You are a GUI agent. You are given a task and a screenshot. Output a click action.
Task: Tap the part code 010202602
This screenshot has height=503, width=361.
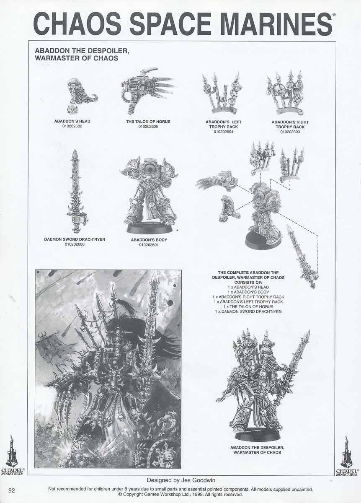point(72,126)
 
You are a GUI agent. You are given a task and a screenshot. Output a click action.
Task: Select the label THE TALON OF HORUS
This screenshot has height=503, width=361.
point(148,122)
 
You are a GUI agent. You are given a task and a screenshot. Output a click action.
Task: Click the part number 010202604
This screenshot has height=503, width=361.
point(224,132)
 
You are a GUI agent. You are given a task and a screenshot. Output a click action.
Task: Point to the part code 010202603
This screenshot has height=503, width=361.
point(290,132)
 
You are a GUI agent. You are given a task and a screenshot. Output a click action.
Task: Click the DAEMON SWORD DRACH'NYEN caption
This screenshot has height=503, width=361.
point(75,239)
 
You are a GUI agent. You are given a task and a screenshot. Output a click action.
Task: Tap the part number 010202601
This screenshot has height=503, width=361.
point(149,245)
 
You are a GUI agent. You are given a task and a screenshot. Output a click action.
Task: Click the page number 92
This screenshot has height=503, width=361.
point(12,490)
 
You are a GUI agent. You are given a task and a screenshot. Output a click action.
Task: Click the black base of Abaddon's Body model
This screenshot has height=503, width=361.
point(150,228)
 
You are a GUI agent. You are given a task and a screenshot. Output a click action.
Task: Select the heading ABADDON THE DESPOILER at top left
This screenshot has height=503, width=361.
point(82,51)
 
